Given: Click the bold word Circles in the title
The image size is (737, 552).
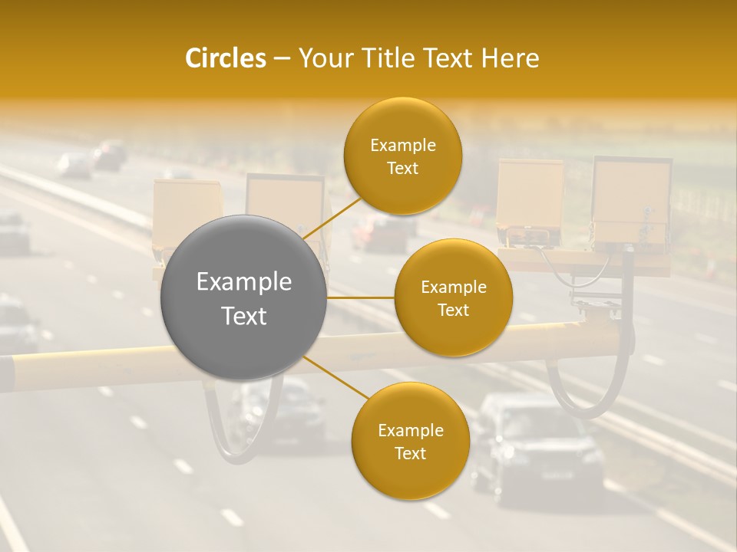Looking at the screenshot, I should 226,58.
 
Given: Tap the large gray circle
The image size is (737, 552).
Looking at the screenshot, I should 244,298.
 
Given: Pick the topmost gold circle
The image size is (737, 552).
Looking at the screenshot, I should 403,156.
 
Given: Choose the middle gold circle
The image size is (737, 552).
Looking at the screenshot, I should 454,298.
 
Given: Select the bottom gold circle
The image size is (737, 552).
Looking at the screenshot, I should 410,441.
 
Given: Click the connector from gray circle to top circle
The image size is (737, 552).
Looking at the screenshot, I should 331,216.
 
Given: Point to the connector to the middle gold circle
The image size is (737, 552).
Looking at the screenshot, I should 361,298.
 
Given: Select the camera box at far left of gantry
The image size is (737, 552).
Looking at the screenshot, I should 187,215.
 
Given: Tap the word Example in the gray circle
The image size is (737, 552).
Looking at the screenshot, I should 244,282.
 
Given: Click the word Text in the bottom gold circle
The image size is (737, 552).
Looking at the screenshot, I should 410,453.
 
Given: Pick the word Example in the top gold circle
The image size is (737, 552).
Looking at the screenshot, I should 403,145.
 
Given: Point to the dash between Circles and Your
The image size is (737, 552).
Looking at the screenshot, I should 281,59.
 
